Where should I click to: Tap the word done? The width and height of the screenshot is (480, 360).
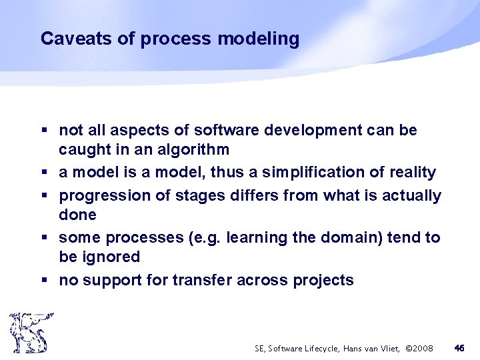pyautogui.click(x=77, y=215)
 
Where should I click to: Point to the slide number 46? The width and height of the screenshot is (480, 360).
pyautogui.click(x=459, y=347)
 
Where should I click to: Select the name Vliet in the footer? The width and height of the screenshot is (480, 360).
pyautogui.click(x=389, y=348)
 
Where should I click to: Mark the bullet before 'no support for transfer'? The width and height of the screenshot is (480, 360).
pyautogui.click(x=43, y=281)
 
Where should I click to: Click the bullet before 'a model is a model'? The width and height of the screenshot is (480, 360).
pyautogui.click(x=43, y=173)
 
